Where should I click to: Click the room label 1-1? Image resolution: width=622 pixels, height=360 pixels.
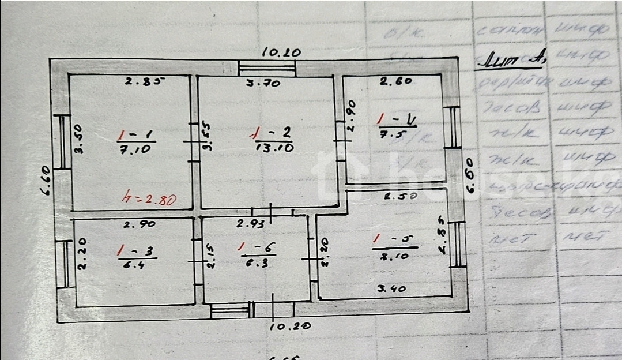135,136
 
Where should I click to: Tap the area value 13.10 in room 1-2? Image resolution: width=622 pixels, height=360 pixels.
274,147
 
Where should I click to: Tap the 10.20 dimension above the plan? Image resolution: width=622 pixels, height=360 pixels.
281,52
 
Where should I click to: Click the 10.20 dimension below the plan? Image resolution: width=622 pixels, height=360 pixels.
290,326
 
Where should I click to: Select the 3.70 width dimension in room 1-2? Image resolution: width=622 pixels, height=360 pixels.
263,83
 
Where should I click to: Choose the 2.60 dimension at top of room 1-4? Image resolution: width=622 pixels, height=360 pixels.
396,81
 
